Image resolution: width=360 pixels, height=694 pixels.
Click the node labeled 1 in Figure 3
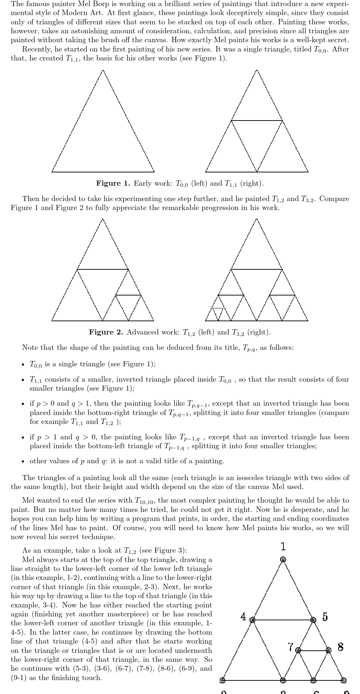[283, 559]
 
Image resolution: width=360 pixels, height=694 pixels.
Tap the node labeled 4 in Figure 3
[252, 620]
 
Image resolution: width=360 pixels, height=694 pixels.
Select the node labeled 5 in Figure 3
[313, 620]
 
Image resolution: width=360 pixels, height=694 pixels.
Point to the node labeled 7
[298, 650]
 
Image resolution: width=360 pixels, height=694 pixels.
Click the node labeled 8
[329, 650]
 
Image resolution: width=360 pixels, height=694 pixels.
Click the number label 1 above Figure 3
[283, 546]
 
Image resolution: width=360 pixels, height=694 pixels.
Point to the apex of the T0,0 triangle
[103, 70]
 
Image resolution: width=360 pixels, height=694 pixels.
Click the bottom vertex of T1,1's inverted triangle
[257, 171]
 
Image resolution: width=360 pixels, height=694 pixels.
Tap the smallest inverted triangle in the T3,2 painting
[218, 313]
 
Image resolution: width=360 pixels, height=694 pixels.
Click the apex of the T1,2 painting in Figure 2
[103, 219]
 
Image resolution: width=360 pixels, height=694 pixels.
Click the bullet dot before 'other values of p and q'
[23, 461]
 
